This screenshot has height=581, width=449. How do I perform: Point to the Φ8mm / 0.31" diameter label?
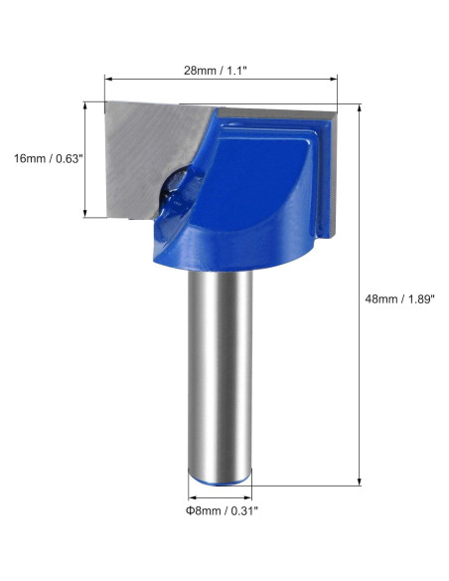tap(221, 511)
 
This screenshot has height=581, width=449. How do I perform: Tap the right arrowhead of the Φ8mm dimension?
tap(247, 493)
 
